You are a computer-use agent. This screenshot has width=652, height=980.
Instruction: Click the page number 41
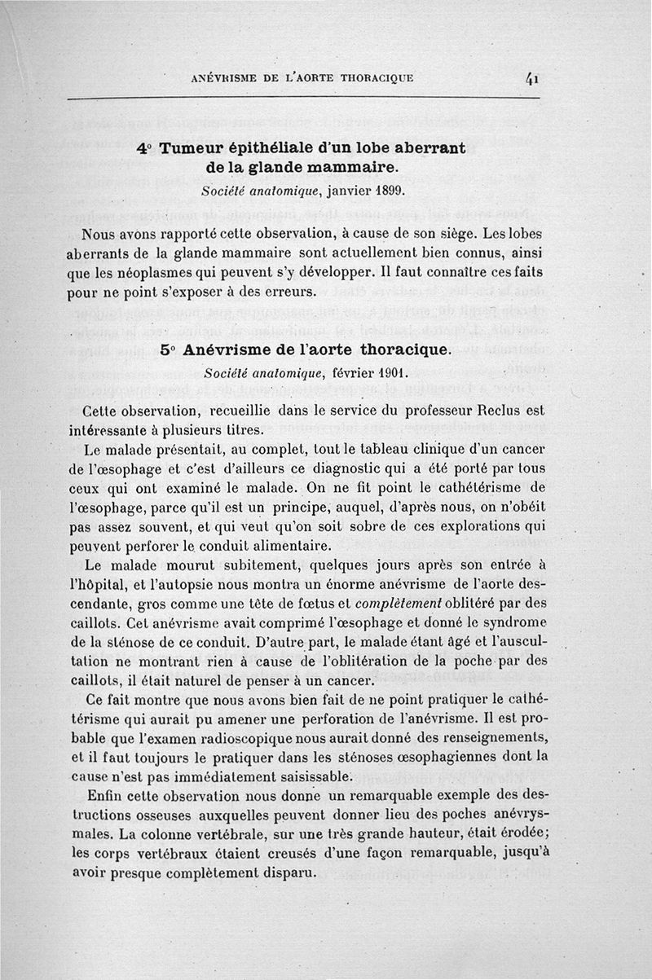(534, 78)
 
